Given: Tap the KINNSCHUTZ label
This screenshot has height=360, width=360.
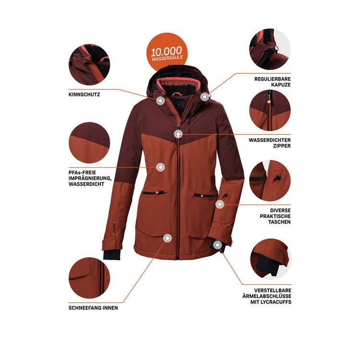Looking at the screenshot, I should point(84,95).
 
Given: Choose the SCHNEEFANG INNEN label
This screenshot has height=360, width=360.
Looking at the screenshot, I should point(93,308).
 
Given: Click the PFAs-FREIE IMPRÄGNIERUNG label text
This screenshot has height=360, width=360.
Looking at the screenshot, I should point(90,178).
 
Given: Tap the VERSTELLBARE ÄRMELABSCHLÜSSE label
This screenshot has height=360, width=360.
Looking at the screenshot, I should point(267,296).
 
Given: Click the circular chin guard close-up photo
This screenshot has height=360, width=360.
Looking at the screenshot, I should point(89,65).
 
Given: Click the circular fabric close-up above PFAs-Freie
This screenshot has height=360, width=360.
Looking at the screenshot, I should point(89,143).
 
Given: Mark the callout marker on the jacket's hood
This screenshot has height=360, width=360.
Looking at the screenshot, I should point(205,96).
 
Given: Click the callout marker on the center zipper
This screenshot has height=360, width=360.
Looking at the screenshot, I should point(179,134).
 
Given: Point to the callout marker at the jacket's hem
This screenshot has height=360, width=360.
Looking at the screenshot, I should point(167,238).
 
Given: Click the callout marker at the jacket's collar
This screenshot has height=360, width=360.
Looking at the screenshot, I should point(160,101).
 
